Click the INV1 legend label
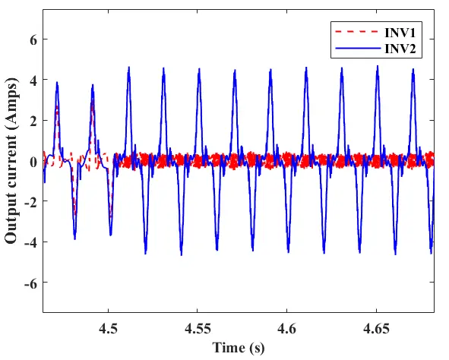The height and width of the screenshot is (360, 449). click(400, 33)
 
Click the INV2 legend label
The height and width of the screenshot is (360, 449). click(400, 49)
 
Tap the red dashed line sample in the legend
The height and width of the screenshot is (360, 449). click(357, 32)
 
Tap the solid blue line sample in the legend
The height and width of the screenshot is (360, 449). click(357, 49)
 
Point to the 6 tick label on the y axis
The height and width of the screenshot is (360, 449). click(33, 39)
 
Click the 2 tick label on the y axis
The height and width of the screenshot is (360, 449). click(33, 121)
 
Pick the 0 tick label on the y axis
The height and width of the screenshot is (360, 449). click(33, 162)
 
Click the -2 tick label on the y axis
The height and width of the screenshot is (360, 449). click(30, 201)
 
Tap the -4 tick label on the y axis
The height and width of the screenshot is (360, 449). click(30, 242)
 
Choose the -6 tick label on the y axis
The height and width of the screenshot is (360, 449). click(30, 283)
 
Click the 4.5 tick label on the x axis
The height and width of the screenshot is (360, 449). click(108, 329)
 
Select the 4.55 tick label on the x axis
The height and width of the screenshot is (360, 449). click(198, 329)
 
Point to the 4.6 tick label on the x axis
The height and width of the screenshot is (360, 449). click(286, 329)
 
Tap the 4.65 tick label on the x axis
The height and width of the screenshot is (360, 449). click(376, 329)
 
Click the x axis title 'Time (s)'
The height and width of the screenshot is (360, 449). click(239, 348)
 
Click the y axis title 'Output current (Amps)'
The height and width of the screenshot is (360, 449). click(11, 160)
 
